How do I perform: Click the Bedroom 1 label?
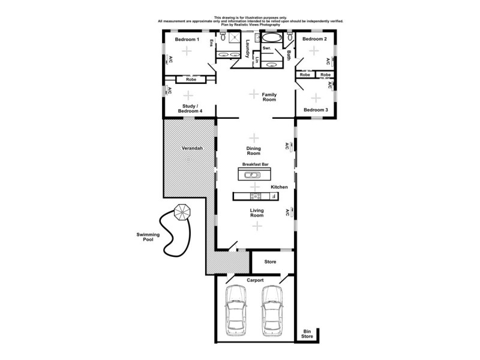(x=187, y=40)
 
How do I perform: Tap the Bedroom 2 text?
(x=314, y=39)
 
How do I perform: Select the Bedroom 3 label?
(x=315, y=110)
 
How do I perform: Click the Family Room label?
(x=269, y=97)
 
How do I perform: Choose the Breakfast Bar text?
(x=254, y=164)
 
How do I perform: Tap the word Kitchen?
(x=279, y=187)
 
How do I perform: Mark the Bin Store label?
(x=307, y=334)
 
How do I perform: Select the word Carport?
(x=255, y=280)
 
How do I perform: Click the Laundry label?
(x=247, y=49)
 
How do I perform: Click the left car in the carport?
(x=235, y=311)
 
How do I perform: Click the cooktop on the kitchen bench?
(x=255, y=196)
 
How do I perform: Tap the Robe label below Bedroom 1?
(x=191, y=79)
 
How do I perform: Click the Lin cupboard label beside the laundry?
(x=257, y=59)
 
